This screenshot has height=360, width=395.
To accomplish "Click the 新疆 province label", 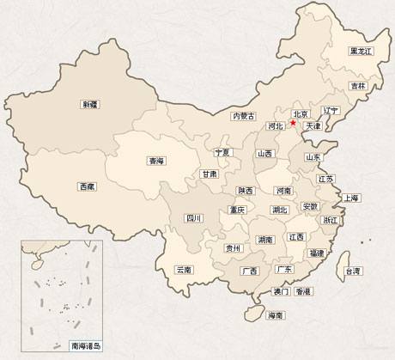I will point(89,105).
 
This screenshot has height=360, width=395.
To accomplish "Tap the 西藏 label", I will point(87,186).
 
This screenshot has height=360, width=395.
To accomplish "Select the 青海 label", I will point(156,160).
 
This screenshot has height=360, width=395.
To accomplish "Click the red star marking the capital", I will point(293,123).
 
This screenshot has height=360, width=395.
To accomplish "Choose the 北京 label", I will point(301,113).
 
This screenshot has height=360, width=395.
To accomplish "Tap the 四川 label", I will point(194,218).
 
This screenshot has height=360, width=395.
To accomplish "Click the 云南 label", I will point(183,270).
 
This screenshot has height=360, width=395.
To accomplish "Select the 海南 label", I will point(276,315).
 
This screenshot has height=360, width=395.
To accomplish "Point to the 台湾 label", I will point(353,272).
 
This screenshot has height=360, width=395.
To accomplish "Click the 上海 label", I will point(351,198).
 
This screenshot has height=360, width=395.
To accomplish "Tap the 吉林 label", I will point(358,86).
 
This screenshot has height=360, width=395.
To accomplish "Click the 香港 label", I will point(302,292).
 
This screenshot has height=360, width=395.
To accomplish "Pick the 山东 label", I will point(313,158).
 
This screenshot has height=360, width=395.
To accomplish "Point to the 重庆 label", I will point(237,210).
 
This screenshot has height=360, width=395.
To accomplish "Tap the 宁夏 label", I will point(223,152).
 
